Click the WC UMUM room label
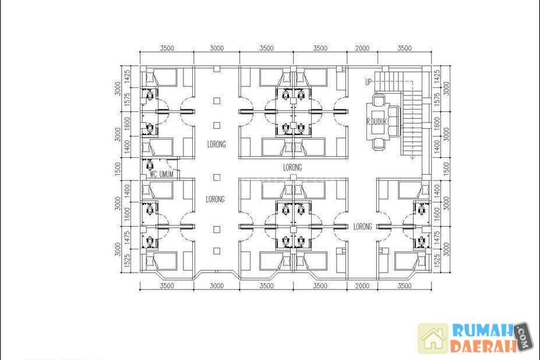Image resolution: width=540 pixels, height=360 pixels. point(161,174)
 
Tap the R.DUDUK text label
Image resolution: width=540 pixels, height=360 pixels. point(377,122)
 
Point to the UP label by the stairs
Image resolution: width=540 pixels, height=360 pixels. point(369,82)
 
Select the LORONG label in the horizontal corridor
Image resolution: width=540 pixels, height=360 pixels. point(292,167)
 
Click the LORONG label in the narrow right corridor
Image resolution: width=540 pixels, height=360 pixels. point(363,227)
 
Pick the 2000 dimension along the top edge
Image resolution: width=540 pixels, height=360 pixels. point(362,48)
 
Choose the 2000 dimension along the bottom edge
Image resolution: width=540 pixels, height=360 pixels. point(362,285)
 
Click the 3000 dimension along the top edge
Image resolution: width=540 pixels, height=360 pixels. point(217,48)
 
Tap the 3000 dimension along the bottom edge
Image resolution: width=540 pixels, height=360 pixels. point(217,285)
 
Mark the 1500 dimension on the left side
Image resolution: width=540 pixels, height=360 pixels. point(118,169)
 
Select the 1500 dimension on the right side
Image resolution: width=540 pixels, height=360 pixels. point(446,169)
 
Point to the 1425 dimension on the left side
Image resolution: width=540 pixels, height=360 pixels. point(127,76)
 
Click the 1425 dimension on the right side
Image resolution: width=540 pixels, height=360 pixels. point(437,76)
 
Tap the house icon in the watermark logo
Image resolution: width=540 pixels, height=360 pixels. point(433,338)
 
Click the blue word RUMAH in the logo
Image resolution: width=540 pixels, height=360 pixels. point(483,330)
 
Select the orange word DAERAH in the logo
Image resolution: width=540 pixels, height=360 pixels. point(483,346)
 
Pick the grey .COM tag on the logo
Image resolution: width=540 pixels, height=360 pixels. point(524,336)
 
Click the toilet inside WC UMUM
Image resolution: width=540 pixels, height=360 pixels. point(150,165)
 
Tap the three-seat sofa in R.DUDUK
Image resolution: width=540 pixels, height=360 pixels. point(393,121)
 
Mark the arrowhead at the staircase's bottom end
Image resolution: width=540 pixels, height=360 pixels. point(412,157)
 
